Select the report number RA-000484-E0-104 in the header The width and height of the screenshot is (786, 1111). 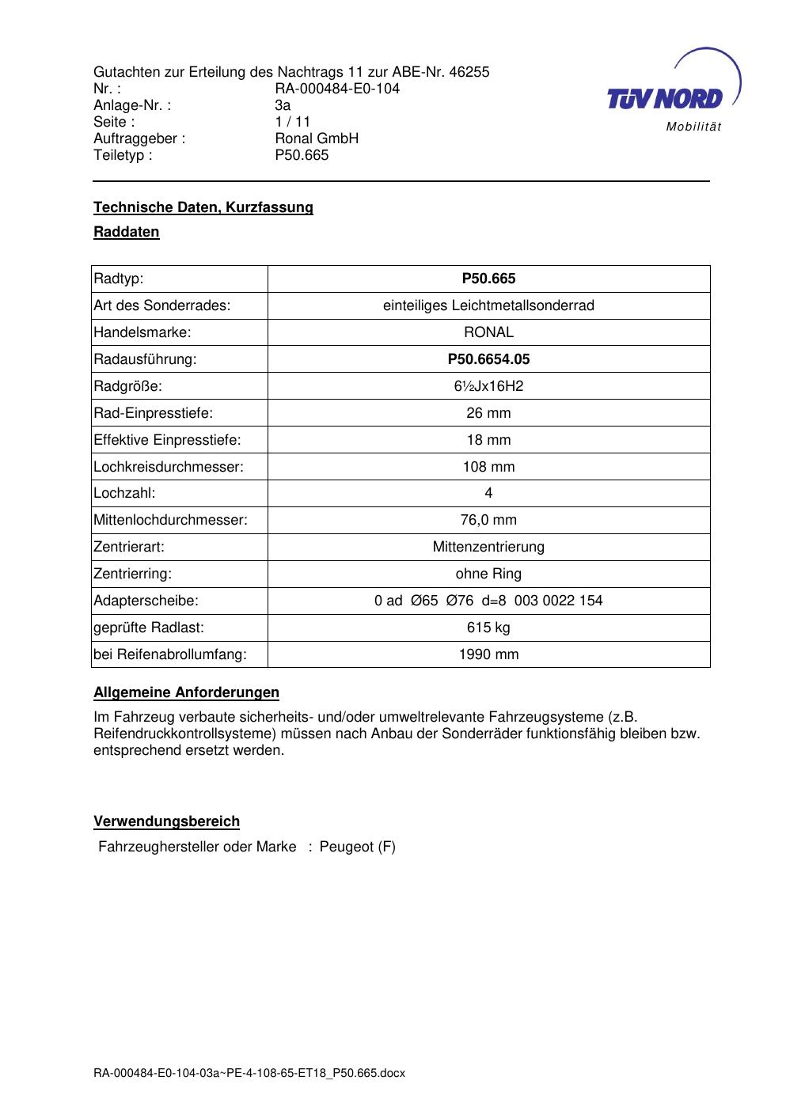click(x=337, y=89)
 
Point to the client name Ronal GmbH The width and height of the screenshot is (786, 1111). click(x=317, y=138)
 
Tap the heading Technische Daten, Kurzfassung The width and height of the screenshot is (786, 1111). click(x=203, y=207)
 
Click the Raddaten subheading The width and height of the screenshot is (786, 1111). click(x=127, y=232)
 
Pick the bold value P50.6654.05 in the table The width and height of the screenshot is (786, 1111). click(x=488, y=359)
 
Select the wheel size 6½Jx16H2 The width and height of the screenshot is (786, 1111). click(x=488, y=386)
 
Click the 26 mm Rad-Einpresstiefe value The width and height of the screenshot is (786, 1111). click(x=488, y=413)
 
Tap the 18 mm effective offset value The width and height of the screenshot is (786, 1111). click(x=488, y=440)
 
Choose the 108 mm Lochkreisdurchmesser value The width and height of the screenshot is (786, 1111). click(x=488, y=467)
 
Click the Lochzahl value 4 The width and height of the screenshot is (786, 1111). click(x=488, y=493)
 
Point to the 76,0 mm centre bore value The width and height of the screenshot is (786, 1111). click(x=488, y=520)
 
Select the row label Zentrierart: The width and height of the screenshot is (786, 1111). click(x=129, y=547)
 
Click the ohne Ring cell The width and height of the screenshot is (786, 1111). click(x=488, y=574)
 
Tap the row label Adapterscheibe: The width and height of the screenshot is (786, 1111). click(x=146, y=601)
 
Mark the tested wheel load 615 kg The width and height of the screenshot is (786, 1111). click(x=488, y=628)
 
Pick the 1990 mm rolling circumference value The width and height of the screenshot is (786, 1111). click(x=488, y=654)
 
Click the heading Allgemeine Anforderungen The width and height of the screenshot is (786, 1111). click(x=186, y=692)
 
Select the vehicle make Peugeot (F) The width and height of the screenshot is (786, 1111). click(x=357, y=847)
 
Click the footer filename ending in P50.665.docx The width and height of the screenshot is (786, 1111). click(x=249, y=1073)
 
